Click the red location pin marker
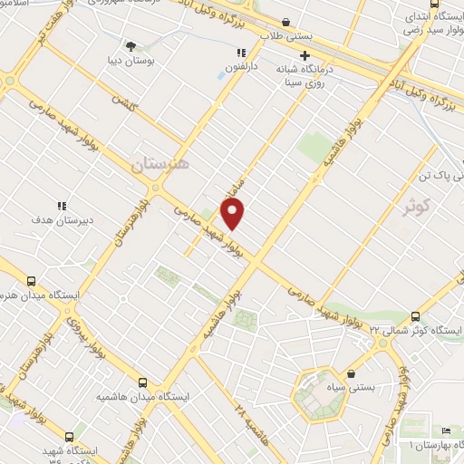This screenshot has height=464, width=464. tap(233, 214)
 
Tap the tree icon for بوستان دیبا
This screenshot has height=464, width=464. tap(133, 45)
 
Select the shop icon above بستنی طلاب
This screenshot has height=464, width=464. tap(286, 23)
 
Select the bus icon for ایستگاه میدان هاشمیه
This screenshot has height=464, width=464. tap(143, 382)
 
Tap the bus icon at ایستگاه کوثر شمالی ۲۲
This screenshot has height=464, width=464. tap(416, 315)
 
